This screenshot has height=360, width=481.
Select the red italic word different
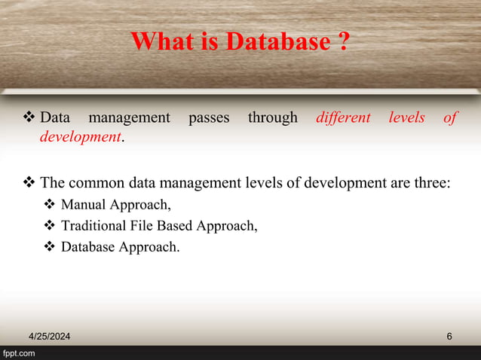[344, 118]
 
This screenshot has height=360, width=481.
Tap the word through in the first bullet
[273, 118]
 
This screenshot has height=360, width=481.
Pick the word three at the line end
[432, 182]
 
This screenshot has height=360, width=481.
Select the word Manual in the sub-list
[83, 204]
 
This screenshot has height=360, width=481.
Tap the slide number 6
[449, 336]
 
